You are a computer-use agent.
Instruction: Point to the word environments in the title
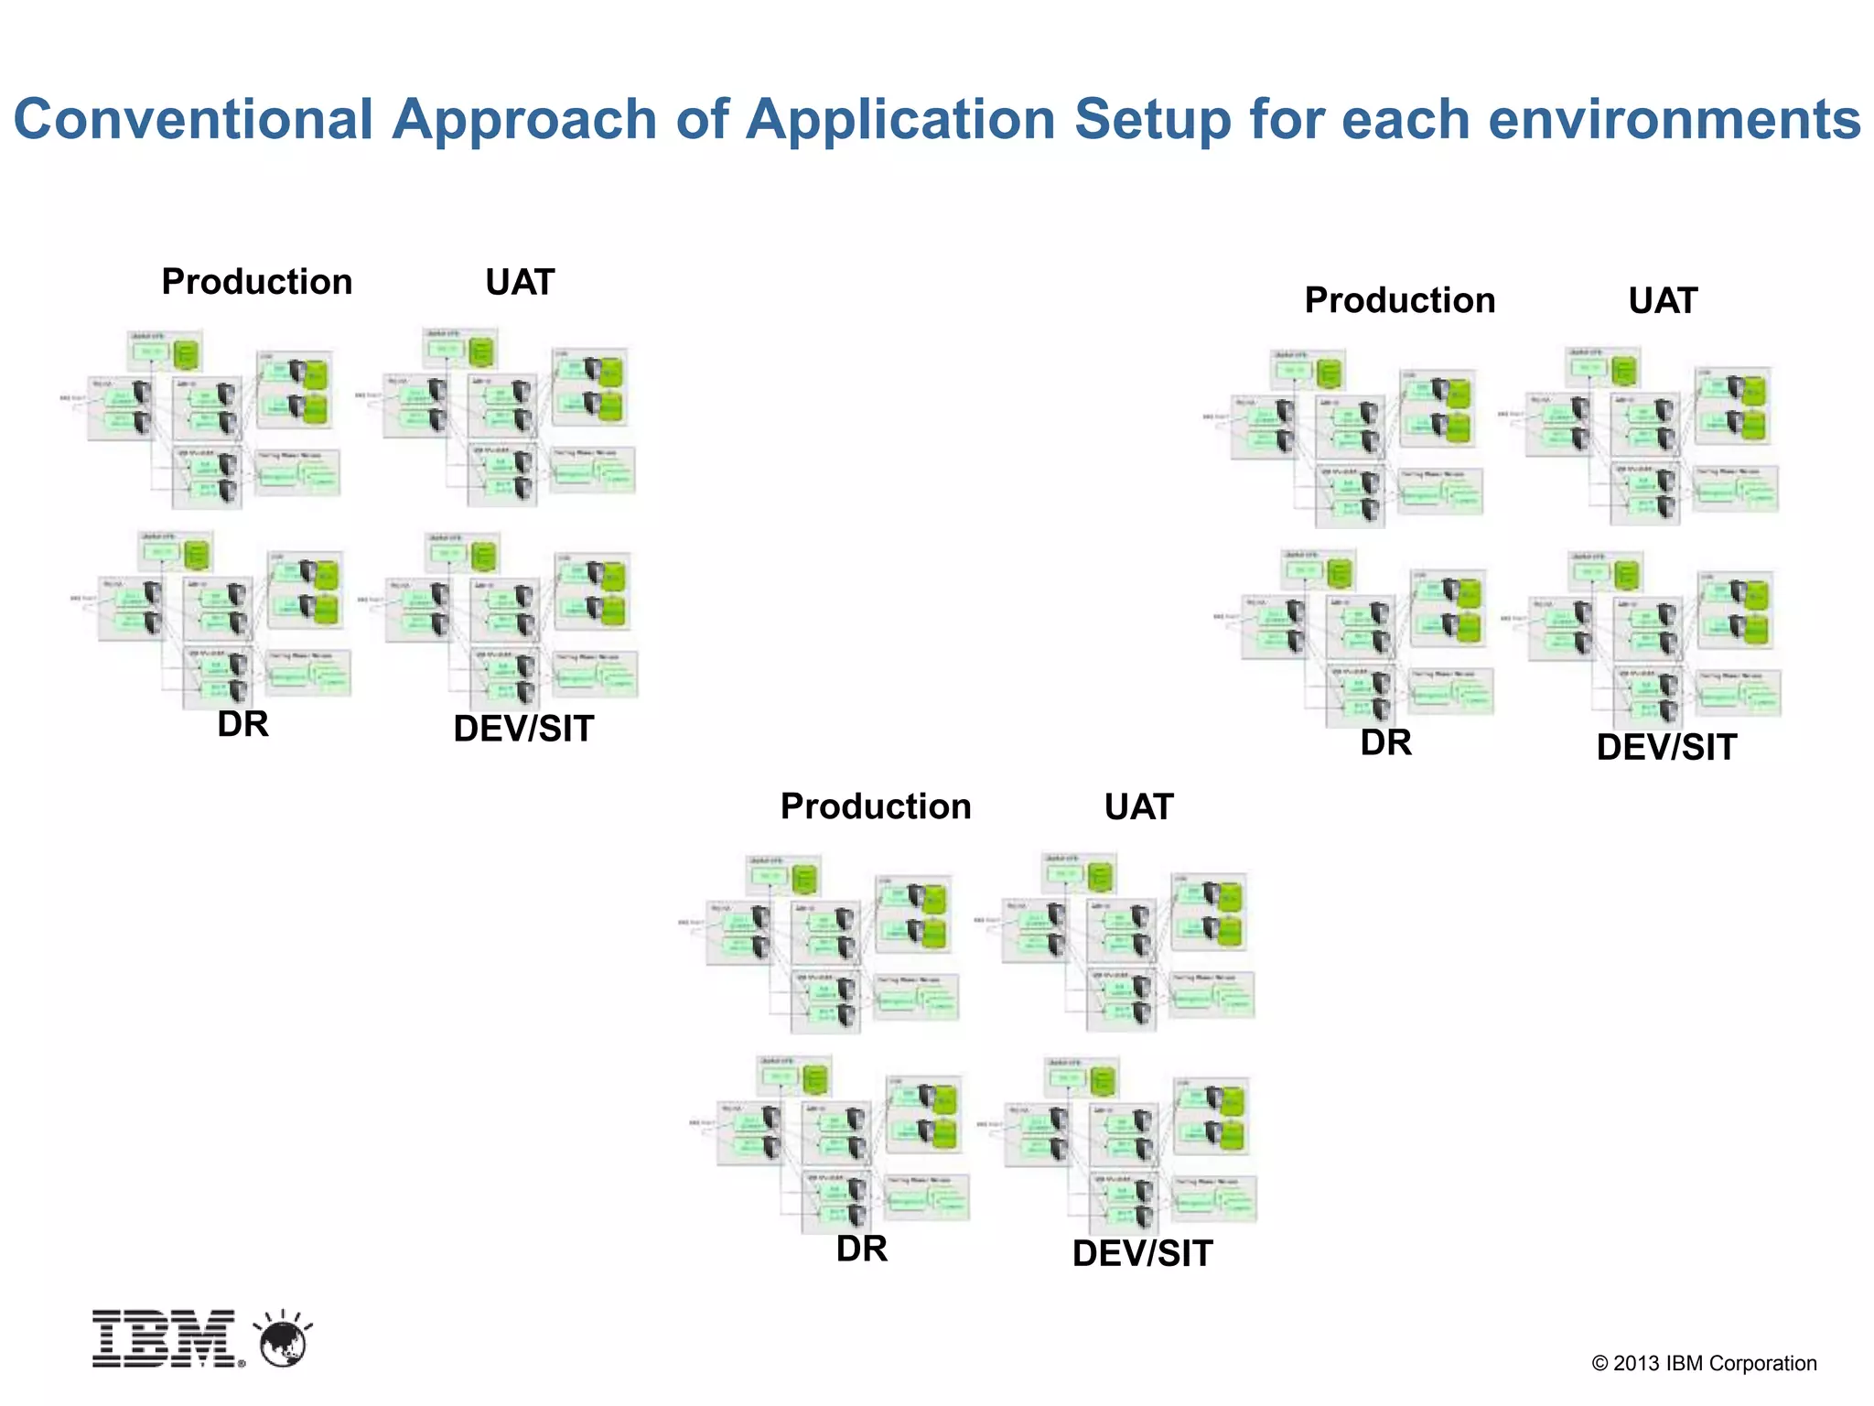(1674, 120)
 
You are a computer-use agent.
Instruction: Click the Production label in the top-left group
(257, 282)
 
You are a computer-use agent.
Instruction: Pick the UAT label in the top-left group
(520, 282)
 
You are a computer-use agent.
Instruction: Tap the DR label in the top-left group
(242, 724)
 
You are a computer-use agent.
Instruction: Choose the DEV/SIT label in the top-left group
(523, 729)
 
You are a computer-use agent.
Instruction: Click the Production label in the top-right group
(1400, 300)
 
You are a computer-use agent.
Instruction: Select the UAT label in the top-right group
(1663, 300)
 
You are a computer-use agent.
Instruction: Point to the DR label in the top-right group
(1385, 742)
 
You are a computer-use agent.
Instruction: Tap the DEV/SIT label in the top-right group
(1666, 747)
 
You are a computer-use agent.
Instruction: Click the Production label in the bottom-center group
(876, 806)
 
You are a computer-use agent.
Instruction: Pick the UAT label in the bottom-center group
(1138, 806)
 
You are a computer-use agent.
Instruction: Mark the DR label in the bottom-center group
(861, 1249)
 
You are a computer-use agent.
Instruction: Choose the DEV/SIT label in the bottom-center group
(1142, 1253)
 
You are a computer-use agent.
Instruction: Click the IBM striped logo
(167, 1339)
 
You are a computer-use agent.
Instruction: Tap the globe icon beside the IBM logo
(284, 1342)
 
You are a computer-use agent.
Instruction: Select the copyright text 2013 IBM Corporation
(1704, 1363)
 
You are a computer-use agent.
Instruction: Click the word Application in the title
(900, 120)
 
